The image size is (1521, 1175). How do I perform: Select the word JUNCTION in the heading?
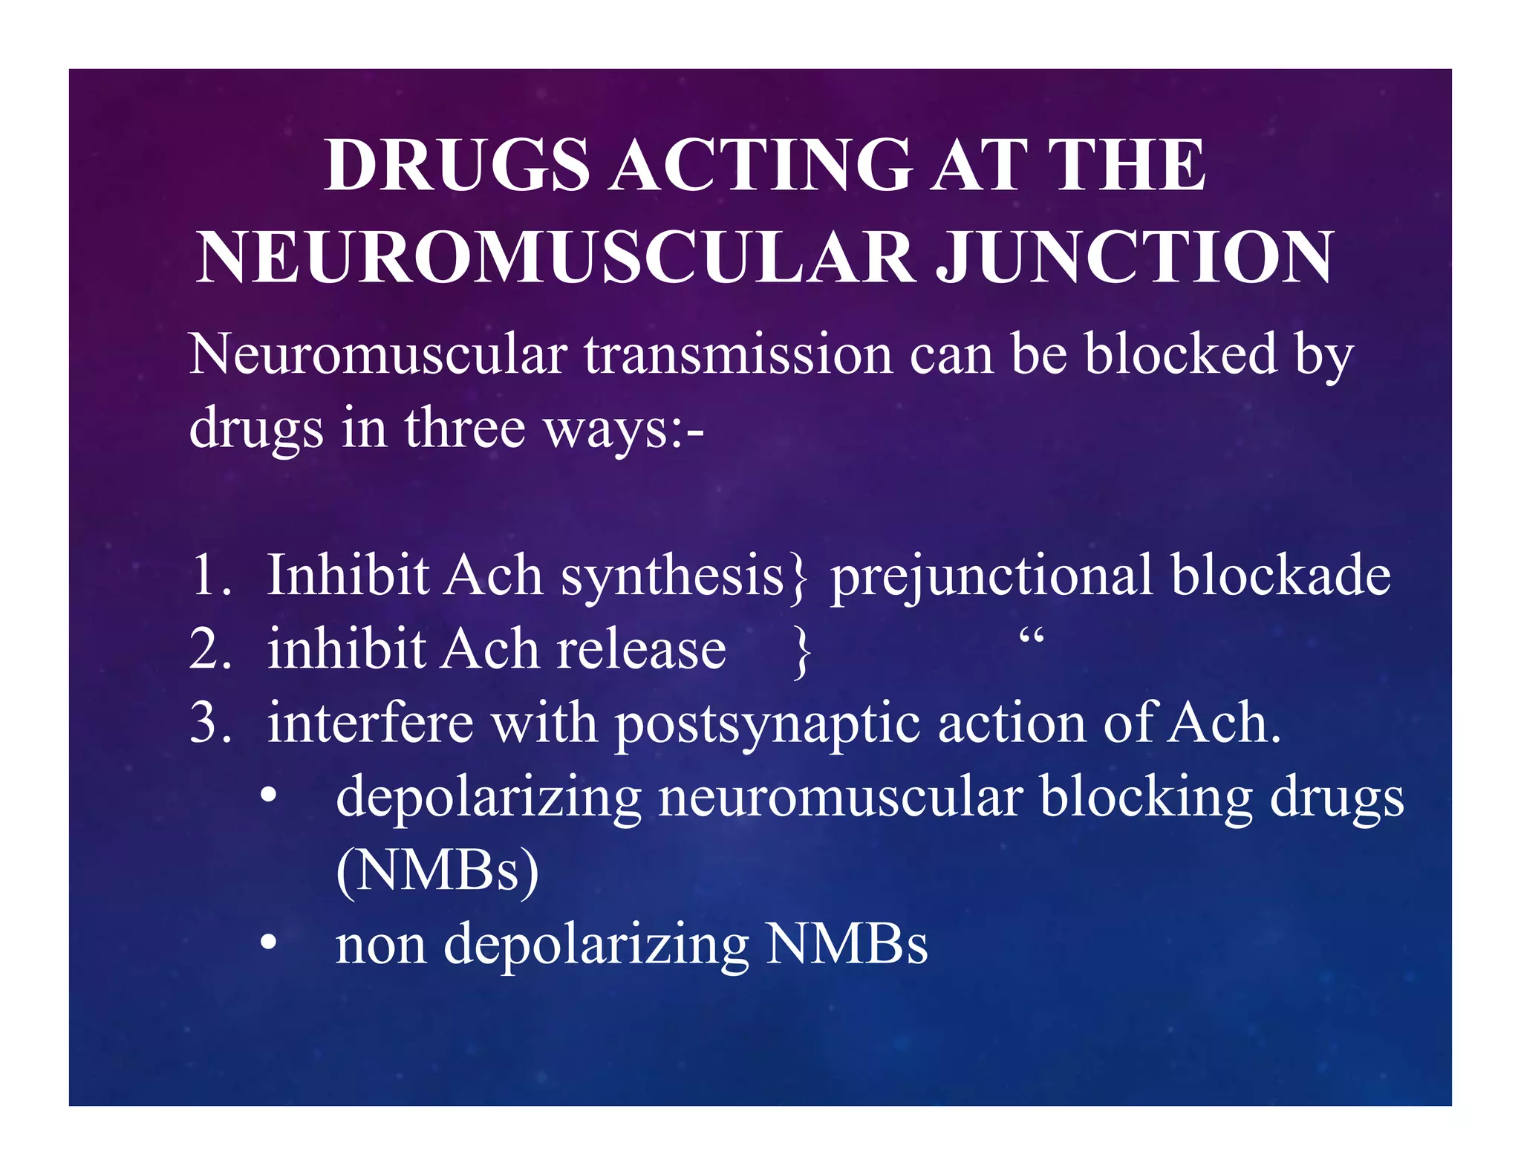[x=1134, y=257]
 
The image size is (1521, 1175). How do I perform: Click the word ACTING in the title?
[x=761, y=166]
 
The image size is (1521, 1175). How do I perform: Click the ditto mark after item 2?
[x=1032, y=637]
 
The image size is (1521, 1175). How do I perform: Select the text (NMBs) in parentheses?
[x=437, y=870]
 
